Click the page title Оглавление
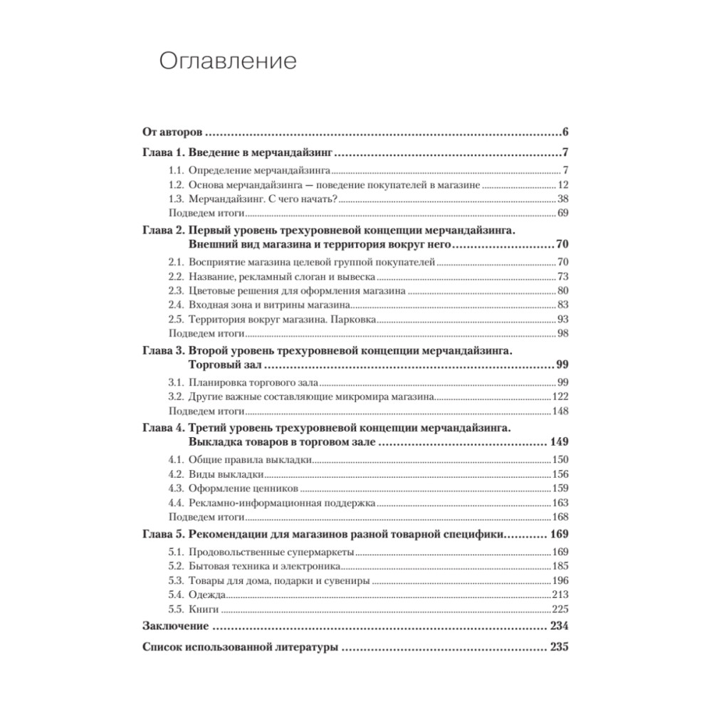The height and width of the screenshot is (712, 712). (227, 62)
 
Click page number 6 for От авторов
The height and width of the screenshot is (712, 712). (563, 132)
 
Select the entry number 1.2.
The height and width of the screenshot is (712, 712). (176, 185)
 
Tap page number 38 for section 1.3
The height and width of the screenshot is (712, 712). (561, 199)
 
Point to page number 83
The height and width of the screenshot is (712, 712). (561, 305)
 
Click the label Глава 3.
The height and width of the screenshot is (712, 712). (162, 351)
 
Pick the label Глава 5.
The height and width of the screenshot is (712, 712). (162, 534)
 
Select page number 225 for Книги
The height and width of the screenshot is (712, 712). (559, 609)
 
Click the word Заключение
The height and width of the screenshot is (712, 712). (175, 627)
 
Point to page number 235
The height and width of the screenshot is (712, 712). (557, 649)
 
